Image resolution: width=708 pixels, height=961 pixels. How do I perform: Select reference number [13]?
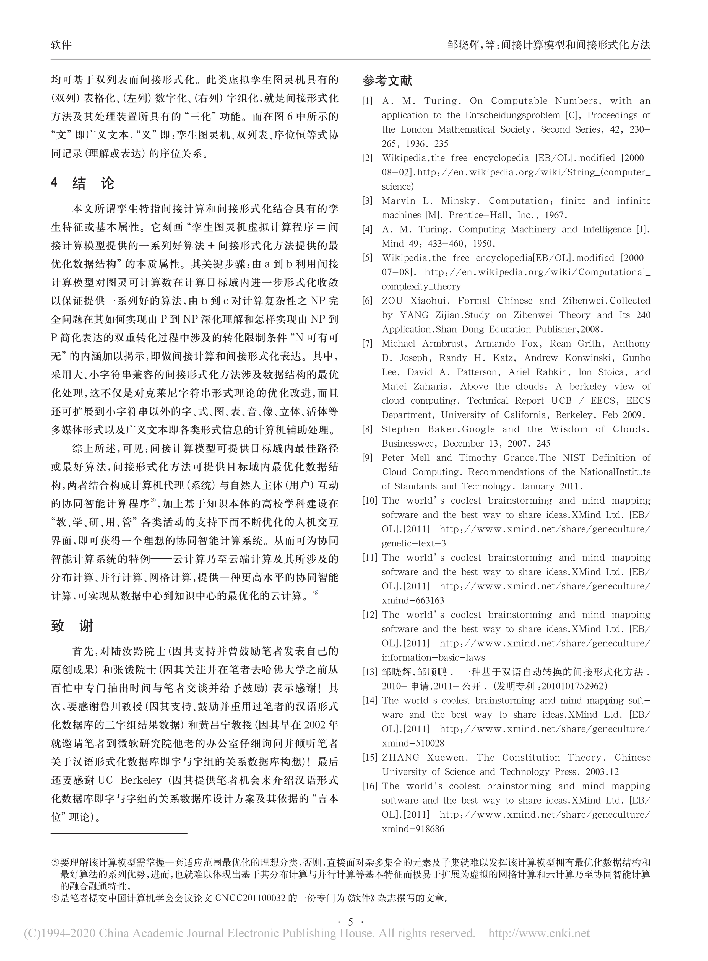click(369, 672)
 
